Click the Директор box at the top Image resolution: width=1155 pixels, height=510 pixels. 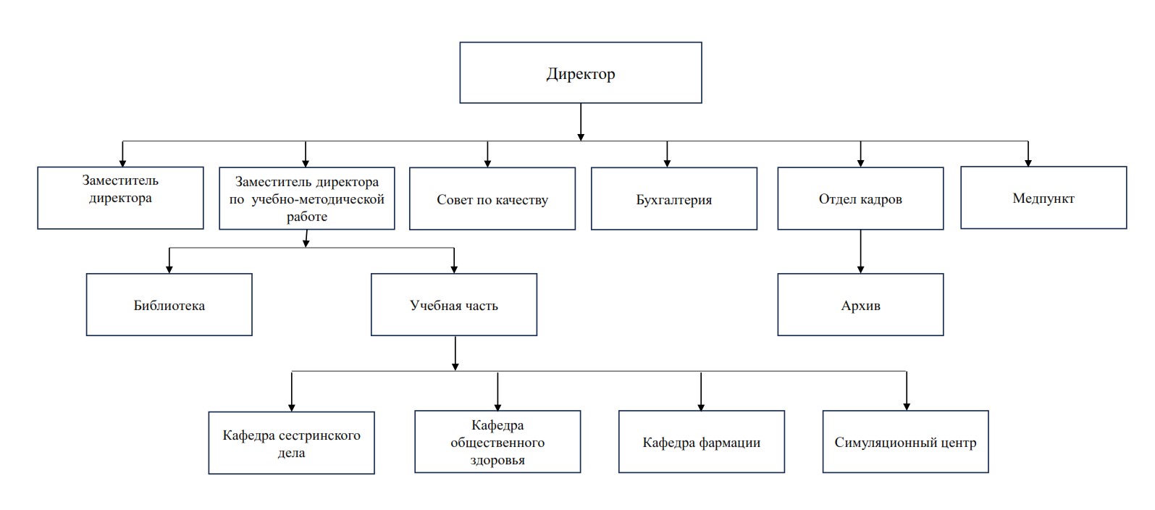[x=580, y=72]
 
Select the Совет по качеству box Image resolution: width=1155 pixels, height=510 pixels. [x=492, y=199]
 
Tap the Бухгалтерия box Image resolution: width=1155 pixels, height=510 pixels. [x=674, y=199]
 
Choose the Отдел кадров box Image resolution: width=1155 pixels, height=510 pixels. [x=860, y=198]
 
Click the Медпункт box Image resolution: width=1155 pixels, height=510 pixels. [x=1043, y=198]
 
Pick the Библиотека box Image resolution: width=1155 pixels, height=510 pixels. [x=169, y=305]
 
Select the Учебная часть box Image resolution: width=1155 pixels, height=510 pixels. [x=454, y=305]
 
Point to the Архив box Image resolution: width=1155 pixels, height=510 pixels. [x=860, y=305]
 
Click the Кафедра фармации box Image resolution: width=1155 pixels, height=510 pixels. [x=702, y=442]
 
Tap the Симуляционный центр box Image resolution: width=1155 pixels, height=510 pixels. [x=905, y=442]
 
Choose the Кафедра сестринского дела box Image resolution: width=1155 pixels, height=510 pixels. [x=291, y=443]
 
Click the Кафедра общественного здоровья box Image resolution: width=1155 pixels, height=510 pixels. [x=497, y=442]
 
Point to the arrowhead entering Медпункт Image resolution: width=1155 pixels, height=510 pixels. [x=1028, y=163]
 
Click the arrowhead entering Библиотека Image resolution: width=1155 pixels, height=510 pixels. [x=169, y=269]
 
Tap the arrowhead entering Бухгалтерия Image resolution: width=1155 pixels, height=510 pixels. [x=667, y=163]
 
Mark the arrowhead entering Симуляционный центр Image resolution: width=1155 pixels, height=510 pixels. [x=907, y=406]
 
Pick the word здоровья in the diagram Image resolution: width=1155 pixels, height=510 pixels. [x=497, y=460]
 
